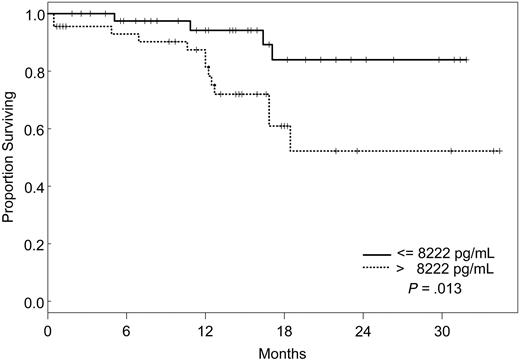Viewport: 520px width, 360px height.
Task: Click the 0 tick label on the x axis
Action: (48, 329)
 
